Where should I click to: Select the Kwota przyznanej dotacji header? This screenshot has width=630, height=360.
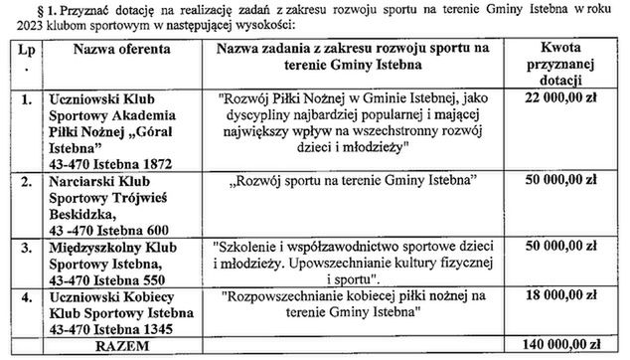[x=568, y=62]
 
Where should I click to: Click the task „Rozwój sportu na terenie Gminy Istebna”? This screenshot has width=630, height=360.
[x=349, y=181]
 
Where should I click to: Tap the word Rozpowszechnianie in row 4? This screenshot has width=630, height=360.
[x=295, y=296]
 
